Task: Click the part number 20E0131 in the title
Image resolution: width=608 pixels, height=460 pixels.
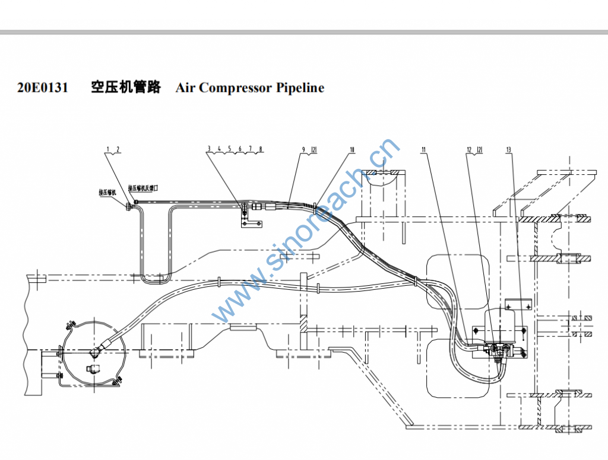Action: pos(42,88)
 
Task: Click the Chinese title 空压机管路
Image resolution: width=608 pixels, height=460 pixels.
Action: pos(125,88)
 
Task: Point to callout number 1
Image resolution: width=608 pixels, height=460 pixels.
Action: pos(109,149)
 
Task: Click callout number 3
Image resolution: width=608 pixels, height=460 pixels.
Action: pos(209,149)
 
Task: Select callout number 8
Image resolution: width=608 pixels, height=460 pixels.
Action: pos(261,149)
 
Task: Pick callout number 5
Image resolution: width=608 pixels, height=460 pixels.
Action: pos(229,149)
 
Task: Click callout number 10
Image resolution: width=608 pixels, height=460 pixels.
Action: pos(352,150)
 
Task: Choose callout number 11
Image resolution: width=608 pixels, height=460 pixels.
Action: pos(424,150)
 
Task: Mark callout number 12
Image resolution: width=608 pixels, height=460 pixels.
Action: pos(469,150)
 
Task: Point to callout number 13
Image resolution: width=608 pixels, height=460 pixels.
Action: pos(508,150)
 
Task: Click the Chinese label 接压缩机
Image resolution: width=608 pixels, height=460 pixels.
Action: pos(108,193)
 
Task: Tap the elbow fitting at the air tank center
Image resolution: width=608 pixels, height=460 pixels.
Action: pos(95,352)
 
